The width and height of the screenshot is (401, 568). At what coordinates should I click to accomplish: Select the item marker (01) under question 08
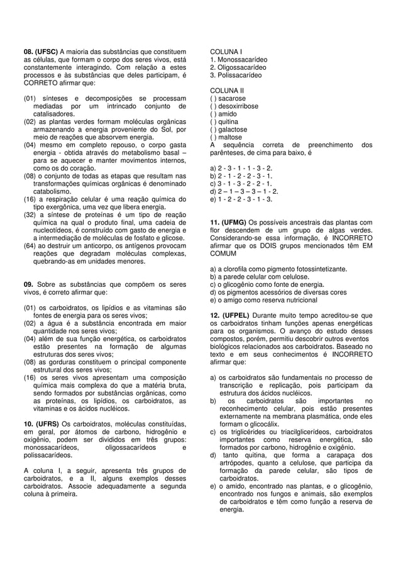point(30,99)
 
